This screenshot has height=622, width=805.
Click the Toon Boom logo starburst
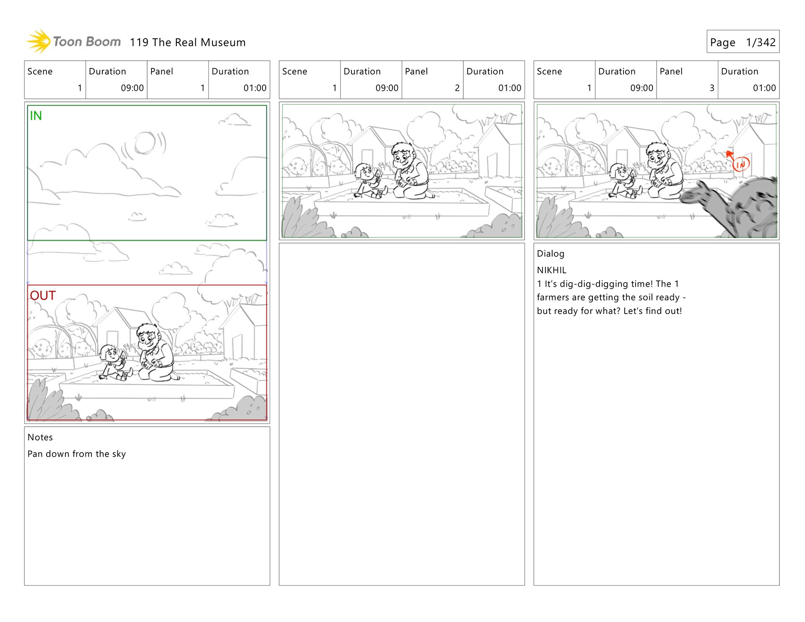tap(39, 41)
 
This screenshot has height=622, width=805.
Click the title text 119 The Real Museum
tap(187, 42)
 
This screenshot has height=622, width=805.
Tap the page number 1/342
tap(761, 42)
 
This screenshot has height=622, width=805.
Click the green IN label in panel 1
tap(36, 116)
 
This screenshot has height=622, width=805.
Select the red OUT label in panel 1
tap(43, 295)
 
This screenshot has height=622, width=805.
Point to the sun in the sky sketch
tap(145, 143)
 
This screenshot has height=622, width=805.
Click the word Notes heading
tap(40, 437)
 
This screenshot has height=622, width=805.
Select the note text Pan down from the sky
tap(77, 454)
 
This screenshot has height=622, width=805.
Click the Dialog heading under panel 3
tap(551, 254)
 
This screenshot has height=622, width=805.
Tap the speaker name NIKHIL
tap(551, 270)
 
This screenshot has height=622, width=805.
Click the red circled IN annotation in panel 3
tap(741, 164)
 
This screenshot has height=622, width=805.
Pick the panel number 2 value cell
tap(432, 88)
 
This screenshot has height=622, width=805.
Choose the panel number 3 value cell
tap(687, 88)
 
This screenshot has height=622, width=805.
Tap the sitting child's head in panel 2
tap(363, 172)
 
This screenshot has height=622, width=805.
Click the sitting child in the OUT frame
tap(114, 363)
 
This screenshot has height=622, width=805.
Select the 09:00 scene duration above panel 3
tap(641, 88)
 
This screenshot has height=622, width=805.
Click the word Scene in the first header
tap(40, 72)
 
